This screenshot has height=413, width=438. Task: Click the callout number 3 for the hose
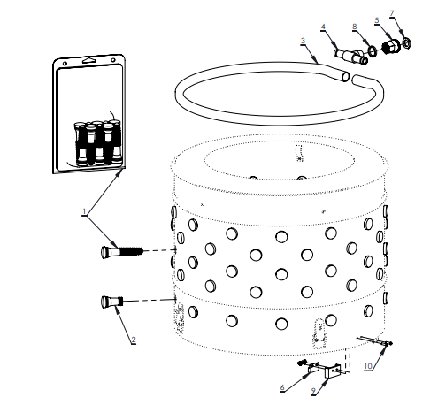click(304, 41)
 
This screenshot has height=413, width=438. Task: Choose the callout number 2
click(134, 340)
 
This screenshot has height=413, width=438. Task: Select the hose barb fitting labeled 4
click(346, 57)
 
